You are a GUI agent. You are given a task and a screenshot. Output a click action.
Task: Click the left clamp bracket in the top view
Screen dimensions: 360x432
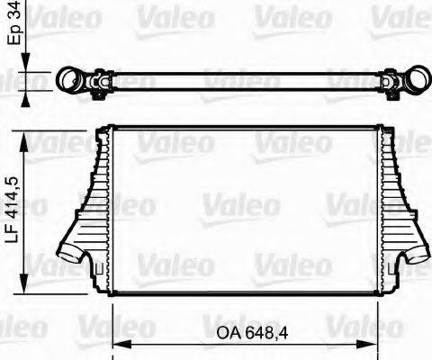point(98,85)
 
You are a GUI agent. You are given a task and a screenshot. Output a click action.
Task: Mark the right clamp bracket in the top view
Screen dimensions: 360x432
point(391,85)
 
